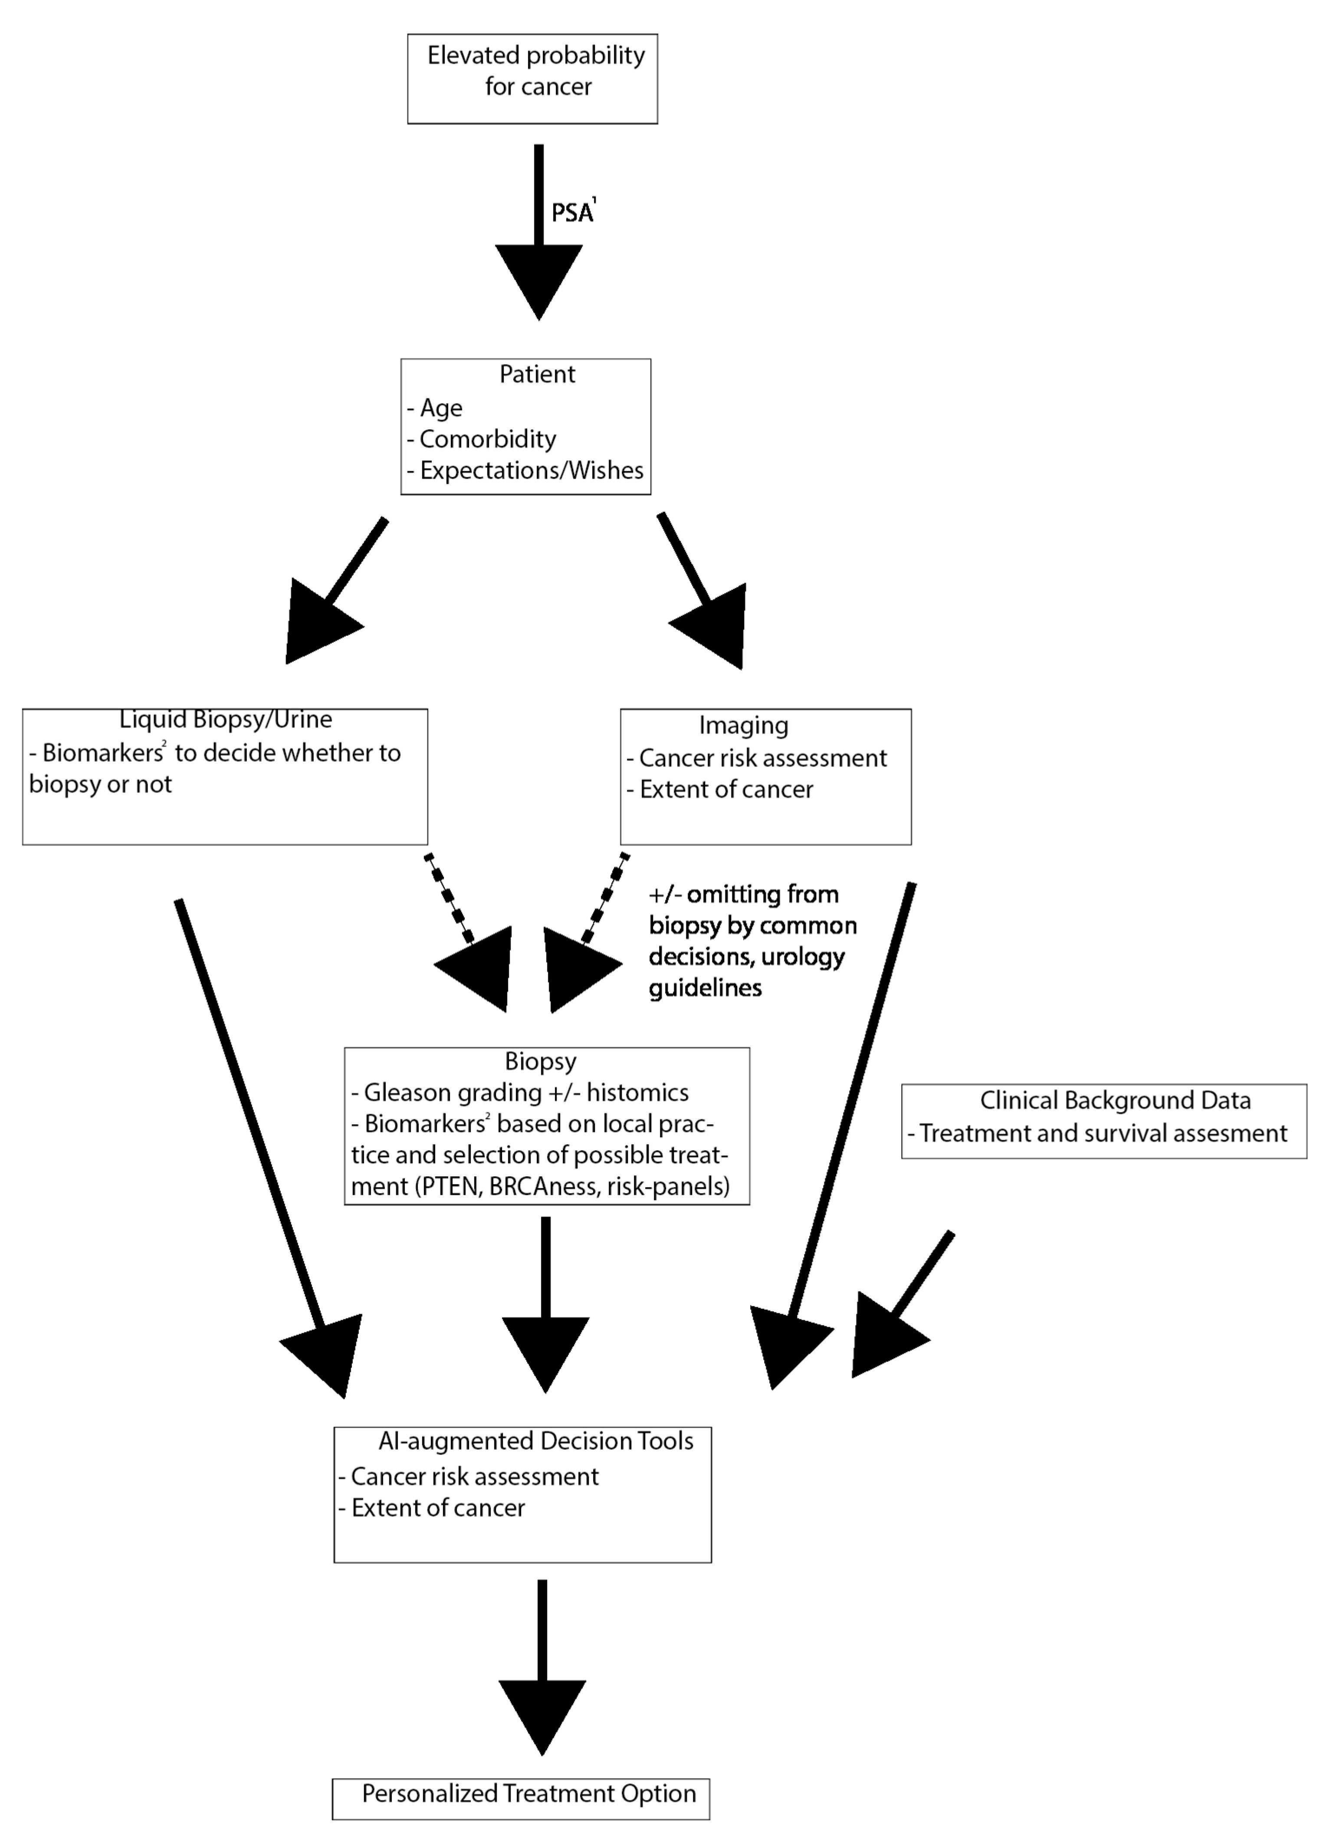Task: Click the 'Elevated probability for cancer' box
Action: coord(532,79)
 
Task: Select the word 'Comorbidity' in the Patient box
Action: coord(487,439)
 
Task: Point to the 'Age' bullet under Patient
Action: coord(440,408)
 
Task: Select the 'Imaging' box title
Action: coord(743,725)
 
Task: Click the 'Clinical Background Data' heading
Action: coord(1114,1100)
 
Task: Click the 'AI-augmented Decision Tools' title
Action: coord(535,1441)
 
